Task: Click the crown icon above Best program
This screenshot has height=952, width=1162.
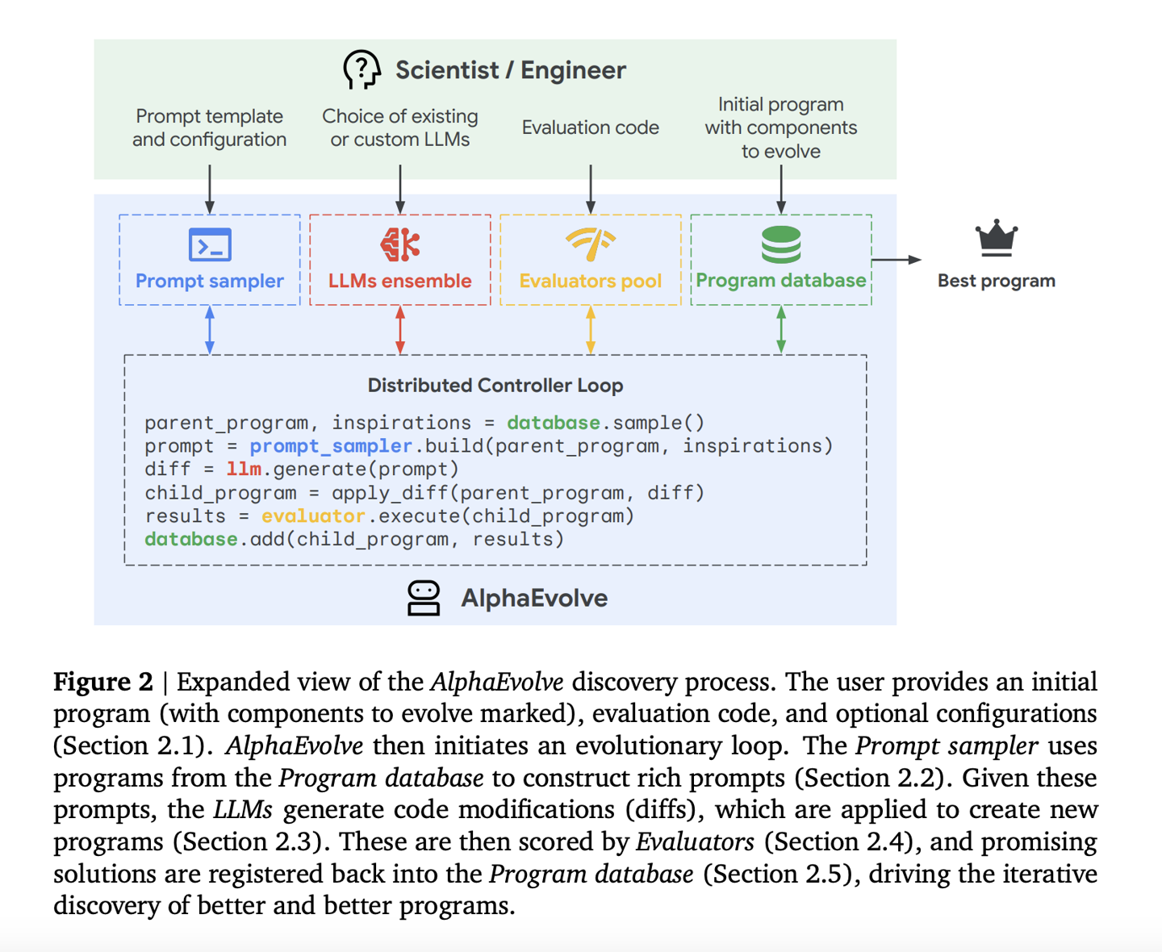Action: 997,238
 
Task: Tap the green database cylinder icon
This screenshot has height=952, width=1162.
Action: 781,244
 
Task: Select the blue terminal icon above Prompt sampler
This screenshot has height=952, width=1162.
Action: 210,245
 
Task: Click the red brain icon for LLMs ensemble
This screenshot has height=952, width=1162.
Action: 400,244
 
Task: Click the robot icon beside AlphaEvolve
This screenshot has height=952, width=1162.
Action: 424,599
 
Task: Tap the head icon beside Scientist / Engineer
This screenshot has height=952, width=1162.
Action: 362,69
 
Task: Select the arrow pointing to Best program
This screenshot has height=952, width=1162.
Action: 897,260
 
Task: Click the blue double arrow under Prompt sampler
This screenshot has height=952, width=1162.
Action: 210,330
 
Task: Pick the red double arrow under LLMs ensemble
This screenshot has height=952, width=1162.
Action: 400,330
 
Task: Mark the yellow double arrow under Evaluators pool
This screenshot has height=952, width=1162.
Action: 591,330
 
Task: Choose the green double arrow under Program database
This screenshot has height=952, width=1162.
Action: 781,330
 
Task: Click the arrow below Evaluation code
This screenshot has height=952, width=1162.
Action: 591,189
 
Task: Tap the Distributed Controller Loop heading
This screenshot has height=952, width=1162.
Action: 495,386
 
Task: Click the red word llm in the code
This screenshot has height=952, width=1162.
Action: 244,470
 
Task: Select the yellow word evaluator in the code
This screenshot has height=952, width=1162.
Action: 313,516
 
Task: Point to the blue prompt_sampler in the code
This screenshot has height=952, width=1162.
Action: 331,446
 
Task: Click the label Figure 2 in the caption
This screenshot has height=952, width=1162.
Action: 103,683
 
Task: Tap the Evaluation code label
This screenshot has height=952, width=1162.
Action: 591,127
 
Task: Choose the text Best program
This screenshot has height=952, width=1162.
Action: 997,281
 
